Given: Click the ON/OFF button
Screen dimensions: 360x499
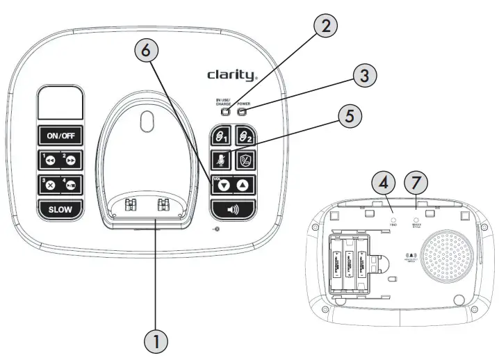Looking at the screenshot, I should coord(60,136).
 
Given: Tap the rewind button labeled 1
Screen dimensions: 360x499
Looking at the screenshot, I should coord(49,161).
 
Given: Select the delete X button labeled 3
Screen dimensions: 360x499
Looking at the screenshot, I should coord(49,186).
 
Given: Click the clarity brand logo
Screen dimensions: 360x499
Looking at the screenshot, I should coord(232,74).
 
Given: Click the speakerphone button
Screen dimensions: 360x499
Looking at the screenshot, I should coord(232,208).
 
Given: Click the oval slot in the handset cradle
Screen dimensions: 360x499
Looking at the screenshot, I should coord(145,120).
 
